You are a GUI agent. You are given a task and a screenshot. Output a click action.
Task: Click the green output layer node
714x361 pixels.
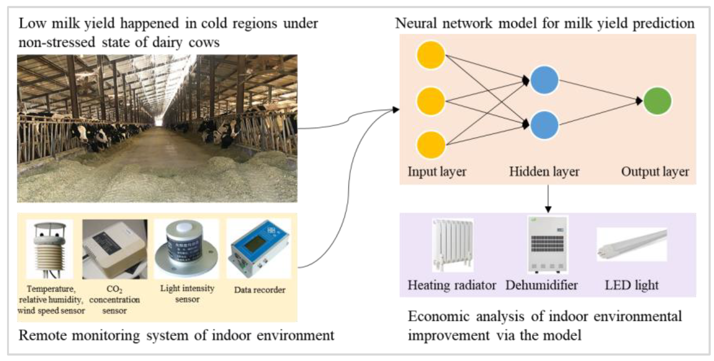657,101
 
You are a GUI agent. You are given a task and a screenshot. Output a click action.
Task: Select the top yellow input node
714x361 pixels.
431,55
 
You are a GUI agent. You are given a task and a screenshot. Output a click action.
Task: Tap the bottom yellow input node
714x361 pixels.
431,145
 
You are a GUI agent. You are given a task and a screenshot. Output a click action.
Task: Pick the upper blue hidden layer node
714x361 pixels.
544,80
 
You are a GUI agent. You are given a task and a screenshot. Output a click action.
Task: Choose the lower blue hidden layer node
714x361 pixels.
544,125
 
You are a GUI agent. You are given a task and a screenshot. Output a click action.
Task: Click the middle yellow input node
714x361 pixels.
431,101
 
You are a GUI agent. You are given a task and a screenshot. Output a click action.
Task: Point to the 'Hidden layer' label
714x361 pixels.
544,172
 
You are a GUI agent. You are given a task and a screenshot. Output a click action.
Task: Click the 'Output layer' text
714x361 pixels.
655,172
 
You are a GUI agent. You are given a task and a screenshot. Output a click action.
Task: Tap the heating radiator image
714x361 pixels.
453,245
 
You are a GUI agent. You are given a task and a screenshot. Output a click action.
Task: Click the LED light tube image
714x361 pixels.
632,244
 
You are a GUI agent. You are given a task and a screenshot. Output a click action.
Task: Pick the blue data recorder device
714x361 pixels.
259,249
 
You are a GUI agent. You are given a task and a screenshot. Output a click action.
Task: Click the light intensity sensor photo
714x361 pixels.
186,249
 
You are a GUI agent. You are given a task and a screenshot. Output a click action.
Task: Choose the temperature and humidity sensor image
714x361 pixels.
50,249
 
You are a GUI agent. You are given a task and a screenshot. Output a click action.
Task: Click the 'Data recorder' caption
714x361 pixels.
259,290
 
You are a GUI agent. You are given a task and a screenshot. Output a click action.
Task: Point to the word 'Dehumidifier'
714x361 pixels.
541,285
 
